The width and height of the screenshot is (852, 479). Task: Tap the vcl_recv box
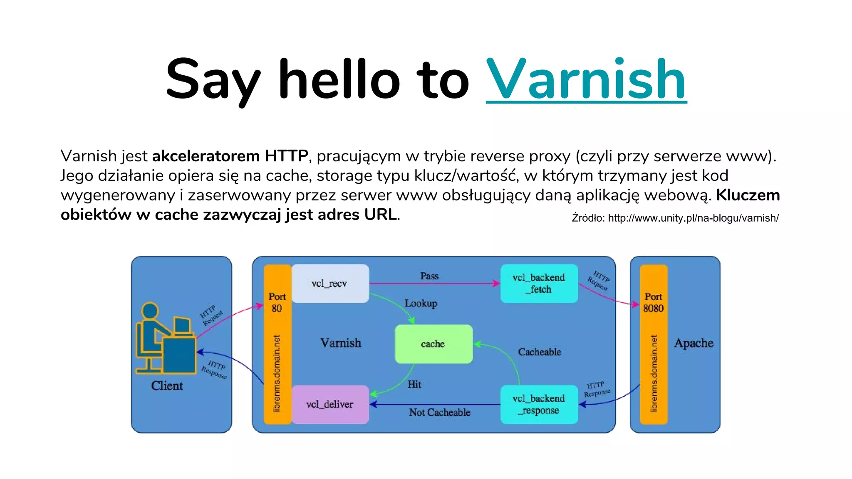point(330,284)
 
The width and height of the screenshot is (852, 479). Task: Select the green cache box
point(433,344)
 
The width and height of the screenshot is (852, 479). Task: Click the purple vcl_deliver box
point(330,404)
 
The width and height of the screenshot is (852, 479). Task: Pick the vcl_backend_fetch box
point(539,284)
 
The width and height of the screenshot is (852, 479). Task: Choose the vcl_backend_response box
point(539,404)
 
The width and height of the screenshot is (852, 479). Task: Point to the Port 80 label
point(277,302)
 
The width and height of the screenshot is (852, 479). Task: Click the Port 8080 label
point(653,302)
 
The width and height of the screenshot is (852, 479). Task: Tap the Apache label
point(693,343)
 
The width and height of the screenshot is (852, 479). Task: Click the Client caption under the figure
point(167,386)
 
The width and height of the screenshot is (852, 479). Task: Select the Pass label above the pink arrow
point(429,276)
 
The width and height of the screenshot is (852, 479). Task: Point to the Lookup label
point(421,303)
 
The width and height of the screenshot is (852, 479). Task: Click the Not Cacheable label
point(439,412)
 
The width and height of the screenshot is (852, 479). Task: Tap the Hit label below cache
point(414,384)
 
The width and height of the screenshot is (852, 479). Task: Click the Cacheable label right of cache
point(540,352)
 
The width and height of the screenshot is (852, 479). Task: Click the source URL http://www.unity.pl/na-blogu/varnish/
point(693,218)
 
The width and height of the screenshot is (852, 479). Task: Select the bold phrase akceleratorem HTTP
point(230,156)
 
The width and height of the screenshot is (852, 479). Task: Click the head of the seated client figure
point(150,311)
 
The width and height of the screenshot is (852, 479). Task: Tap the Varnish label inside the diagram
point(341,343)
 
